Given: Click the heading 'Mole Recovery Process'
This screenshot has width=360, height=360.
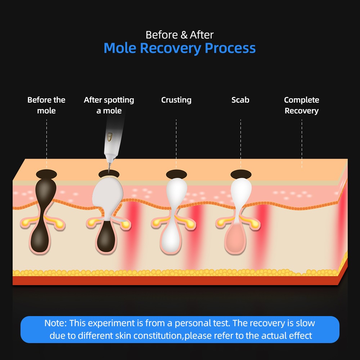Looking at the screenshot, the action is pyautogui.click(x=180, y=48).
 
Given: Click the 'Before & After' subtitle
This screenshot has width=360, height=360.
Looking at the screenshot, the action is pyautogui.click(x=180, y=35).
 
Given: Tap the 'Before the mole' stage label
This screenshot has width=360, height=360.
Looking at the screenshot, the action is pyautogui.click(x=46, y=105).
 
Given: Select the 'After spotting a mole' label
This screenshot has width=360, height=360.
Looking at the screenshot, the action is pyautogui.click(x=109, y=105).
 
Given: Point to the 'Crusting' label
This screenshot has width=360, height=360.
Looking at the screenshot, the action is pyautogui.click(x=176, y=100).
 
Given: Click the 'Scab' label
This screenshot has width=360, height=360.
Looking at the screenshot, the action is pyautogui.click(x=240, y=100).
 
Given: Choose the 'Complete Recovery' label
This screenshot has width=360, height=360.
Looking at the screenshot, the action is pyautogui.click(x=301, y=105).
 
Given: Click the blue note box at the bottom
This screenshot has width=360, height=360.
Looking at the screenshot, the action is pyautogui.click(x=180, y=329).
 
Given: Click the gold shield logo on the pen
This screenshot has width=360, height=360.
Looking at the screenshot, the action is pyautogui.click(x=110, y=137).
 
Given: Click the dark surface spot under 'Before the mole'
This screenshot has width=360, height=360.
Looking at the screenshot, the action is pyautogui.click(x=46, y=174).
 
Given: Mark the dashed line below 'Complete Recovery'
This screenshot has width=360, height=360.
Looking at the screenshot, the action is pyautogui.click(x=302, y=144).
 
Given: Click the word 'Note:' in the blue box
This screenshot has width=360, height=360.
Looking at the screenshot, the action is pyautogui.click(x=55, y=323).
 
